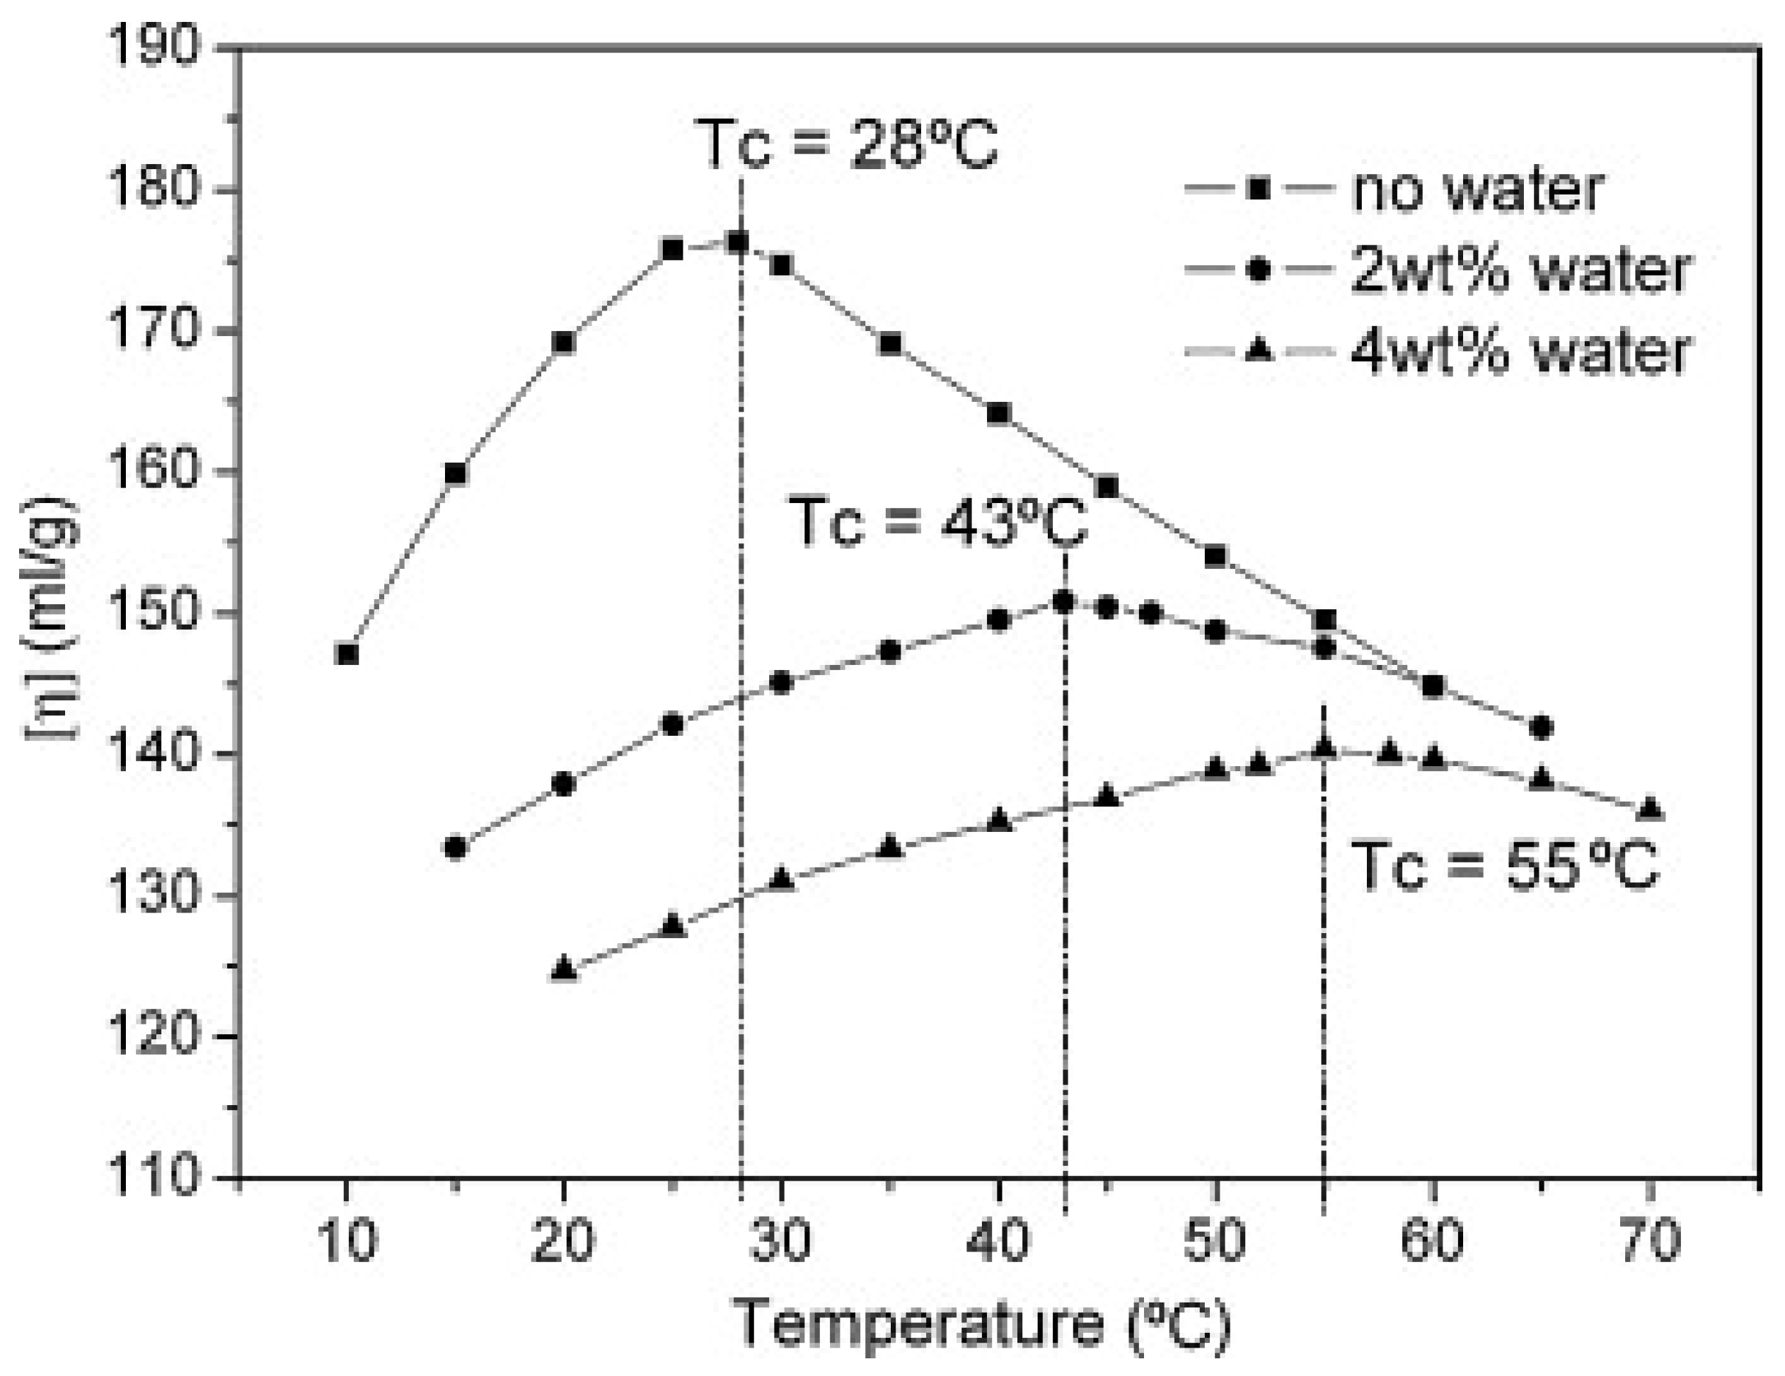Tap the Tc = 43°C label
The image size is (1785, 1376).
pyautogui.click(x=940, y=523)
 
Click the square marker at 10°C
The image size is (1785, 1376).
pyautogui.click(x=347, y=654)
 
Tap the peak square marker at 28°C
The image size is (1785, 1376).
pyautogui.click(x=739, y=242)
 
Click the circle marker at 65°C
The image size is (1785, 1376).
pyautogui.click(x=1541, y=727)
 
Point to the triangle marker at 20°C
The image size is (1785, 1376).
pyautogui.click(x=564, y=969)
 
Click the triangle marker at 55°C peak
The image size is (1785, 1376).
pyautogui.click(x=1324, y=748)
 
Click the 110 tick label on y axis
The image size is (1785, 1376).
pyautogui.click(x=155, y=1178)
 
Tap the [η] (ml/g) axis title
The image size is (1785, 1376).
pyautogui.click(x=51, y=618)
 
